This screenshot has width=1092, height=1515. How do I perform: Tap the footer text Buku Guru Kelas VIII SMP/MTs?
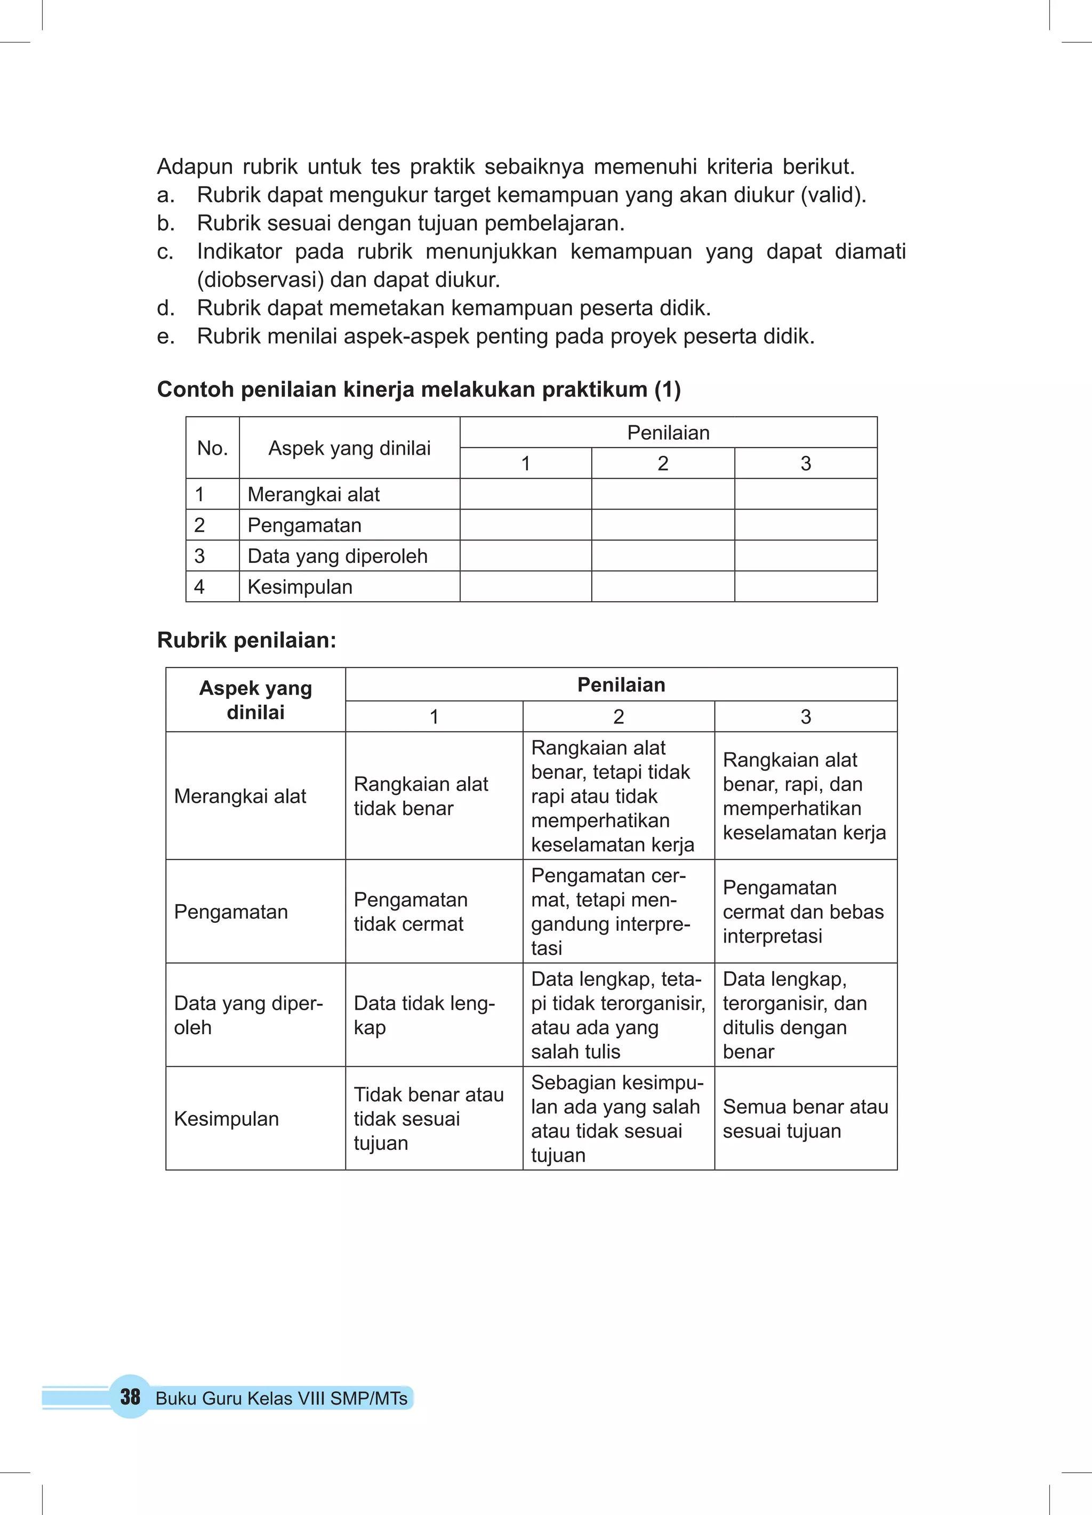coord(282,1398)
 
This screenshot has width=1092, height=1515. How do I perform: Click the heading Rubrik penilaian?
coord(246,640)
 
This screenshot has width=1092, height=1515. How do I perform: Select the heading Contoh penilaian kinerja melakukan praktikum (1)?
coord(419,390)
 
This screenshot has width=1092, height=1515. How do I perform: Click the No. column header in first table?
coord(213,448)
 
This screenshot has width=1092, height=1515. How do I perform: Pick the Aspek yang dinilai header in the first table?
coord(350,448)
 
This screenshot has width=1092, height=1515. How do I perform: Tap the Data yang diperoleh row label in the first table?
coord(338,556)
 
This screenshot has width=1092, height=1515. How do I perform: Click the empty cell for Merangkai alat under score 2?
coord(662,494)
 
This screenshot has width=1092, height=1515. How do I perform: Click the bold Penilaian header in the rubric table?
coord(621,684)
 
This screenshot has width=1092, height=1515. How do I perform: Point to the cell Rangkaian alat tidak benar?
coord(421,795)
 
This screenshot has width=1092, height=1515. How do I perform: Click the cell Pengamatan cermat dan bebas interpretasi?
coord(802,911)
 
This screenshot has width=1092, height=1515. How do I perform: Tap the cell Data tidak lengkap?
coord(424,1014)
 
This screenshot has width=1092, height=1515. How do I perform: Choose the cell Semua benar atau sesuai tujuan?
coord(805,1118)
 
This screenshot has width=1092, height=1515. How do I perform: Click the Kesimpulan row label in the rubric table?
coord(227,1118)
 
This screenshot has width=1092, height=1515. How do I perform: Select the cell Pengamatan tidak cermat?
coord(411,911)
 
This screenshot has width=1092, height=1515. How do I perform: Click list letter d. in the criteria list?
coord(166,308)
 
